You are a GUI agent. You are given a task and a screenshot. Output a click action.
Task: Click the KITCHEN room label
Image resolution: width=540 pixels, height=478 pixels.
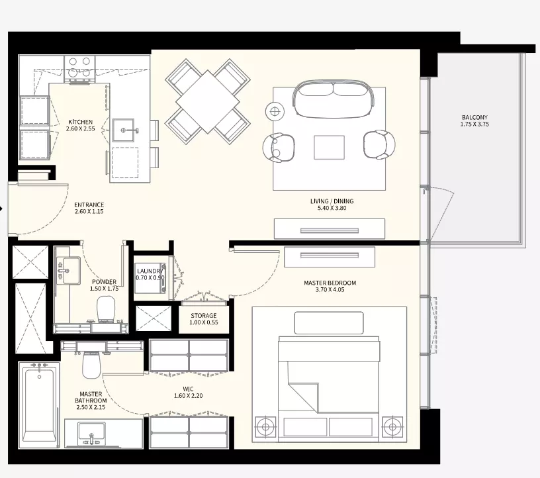tap(80, 122)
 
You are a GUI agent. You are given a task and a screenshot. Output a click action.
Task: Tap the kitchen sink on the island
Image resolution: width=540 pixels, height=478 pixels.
tap(123, 130)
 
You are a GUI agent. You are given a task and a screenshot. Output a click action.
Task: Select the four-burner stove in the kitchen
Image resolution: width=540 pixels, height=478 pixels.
tap(79, 67)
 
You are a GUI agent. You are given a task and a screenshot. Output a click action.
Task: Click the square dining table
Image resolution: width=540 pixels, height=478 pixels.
tap(207, 102)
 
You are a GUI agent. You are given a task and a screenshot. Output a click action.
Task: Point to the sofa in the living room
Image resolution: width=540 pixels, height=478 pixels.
tap(333, 99)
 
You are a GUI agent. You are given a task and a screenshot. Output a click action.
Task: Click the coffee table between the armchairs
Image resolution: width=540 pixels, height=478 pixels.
tap(329, 147)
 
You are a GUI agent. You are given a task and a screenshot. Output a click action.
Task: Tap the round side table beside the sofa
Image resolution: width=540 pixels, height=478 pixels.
tap(275, 111)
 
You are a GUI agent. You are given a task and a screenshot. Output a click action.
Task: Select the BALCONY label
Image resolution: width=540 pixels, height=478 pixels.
tap(474, 118)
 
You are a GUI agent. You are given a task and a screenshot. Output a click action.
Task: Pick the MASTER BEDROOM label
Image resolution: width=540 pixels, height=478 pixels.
tap(330, 283)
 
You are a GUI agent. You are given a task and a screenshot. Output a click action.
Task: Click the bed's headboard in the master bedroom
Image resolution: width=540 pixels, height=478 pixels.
tap(329, 323)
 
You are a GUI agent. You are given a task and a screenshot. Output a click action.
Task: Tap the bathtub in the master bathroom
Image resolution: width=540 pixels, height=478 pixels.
tap(39, 405)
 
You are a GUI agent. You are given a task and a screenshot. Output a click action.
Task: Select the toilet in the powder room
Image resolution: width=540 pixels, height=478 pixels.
tap(106, 309)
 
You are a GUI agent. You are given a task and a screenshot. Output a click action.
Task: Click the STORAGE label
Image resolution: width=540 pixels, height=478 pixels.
tap(204, 316)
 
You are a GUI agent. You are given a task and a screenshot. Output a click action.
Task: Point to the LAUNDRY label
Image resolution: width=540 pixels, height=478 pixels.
tap(150, 271)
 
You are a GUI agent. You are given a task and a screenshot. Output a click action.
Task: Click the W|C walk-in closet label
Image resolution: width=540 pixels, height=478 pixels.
tap(188, 389)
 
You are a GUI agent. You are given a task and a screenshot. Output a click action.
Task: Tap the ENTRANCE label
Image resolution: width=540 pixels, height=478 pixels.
tap(89, 205)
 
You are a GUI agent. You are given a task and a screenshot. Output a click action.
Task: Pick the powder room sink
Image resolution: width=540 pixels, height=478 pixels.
tap(68, 271)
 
